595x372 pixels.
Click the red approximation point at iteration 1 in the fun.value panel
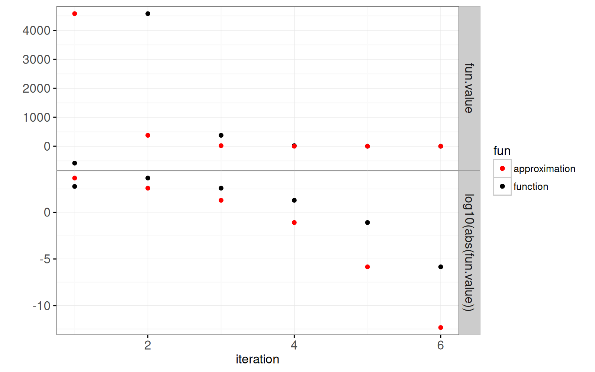[x=75, y=14]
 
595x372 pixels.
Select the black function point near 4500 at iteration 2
[x=148, y=14]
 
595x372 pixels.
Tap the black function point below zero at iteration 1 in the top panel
[x=75, y=163]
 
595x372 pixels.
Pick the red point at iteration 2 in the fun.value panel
[x=148, y=135]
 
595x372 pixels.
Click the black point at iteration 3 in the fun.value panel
[x=221, y=135]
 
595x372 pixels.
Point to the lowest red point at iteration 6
[x=441, y=328]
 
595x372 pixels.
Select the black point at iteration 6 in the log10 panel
[x=441, y=267]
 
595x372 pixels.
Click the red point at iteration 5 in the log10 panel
[x=367, y=267]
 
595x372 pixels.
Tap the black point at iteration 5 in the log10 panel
[x=367, y=222]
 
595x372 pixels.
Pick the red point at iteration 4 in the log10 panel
[x=294, y=222]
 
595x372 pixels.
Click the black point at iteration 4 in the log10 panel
[x=294, y=201]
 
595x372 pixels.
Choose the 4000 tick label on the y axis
[x=36, y=31]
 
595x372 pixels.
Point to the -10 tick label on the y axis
[x=42, y=306]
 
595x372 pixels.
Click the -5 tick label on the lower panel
[x=45, y=259]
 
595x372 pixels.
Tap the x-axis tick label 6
[x=441, y=346]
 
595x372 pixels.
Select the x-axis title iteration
[x=257, y=359]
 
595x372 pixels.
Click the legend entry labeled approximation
[x=544, y=169]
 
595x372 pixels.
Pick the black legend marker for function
[x=502, y=186]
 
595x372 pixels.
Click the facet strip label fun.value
[x=469, y=88]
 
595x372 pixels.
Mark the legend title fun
[x=502, y=151]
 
